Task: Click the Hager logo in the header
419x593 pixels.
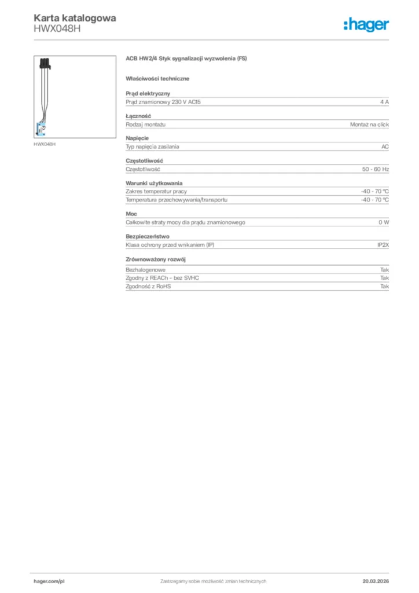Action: (x=366, y=24)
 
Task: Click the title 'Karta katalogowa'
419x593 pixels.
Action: (x=75, y=18)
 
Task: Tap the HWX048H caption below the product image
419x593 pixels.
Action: (x=45, y=144)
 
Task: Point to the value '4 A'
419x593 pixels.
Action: (x=384, y=102)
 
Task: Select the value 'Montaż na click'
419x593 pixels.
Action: (x=369, y=125)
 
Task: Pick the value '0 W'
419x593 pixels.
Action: (x=384, y=222)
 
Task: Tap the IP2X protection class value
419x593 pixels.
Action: (x=383, y=245)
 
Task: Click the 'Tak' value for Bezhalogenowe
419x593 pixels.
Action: (x=384, y=270)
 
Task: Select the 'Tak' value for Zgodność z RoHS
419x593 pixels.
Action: (x=384, y=286)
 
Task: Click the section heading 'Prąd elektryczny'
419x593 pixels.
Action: (x=148, y=93)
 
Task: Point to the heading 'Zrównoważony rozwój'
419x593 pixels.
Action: (x=155, y=259)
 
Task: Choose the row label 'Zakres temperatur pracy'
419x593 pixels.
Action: (x=156, y=191)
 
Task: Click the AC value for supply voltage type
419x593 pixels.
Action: (x=385, y=147)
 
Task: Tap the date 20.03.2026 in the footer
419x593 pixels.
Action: (x=375, y=581)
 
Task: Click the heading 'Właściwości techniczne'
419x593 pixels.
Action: (x=157, y=78)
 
